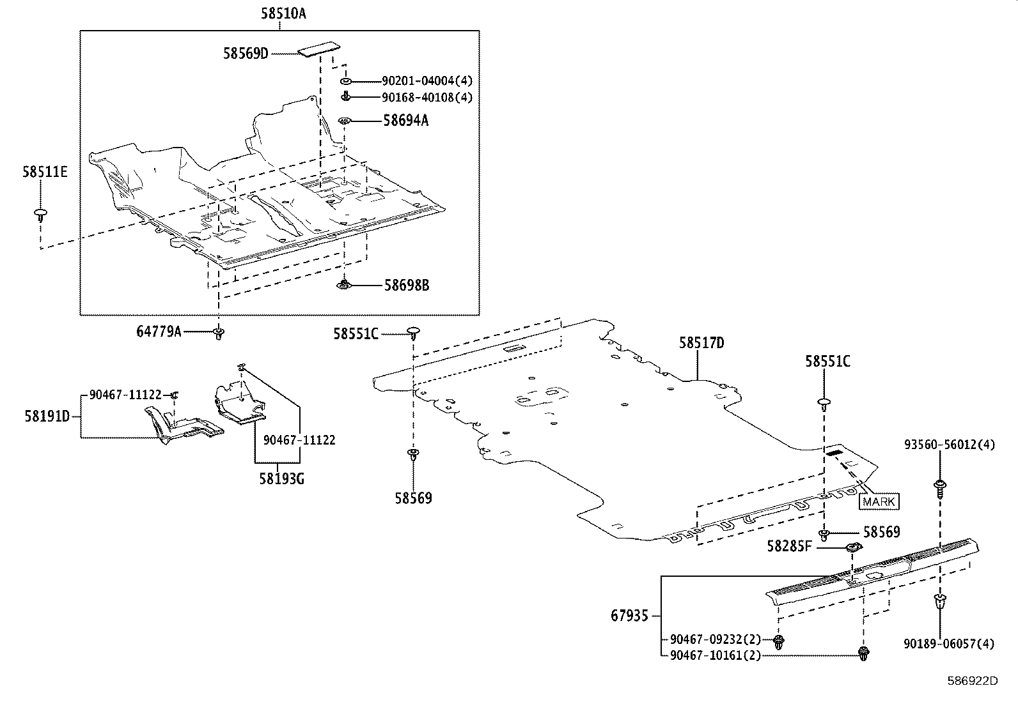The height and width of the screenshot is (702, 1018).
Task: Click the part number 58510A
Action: pyautogui.click(x=283, y=13)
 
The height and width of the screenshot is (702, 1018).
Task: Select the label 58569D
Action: pyautogui.click(x=246, y=54)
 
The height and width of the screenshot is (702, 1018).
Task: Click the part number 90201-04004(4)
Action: pyautogui.click(x=427, y=81)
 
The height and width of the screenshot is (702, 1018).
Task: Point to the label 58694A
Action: pyautogui.click(x=406, y=120)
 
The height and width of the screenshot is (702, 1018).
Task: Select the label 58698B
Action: pyautogui.click(x=406, y=285)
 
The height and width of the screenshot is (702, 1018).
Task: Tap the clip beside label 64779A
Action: pyautogui.click(x=219, y=333)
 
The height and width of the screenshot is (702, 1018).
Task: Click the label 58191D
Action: pyautogui.click(x=47, y=416)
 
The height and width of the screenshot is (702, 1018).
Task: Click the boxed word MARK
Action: pyautogui.click(x=879, y=501)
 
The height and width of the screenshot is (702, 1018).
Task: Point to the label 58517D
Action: pyautogui.click(x=701, y=344)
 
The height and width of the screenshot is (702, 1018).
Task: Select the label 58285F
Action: pyautogui.click(x=790, y=546)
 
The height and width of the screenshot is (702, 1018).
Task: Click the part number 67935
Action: pyautogui.click(x=629, y=616)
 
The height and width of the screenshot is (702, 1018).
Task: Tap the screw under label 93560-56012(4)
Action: pyautogui.click(x=940, y=487)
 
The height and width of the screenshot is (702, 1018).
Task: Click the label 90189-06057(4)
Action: pyautogui.click(x=949, y=644)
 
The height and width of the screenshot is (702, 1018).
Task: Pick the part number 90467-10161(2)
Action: pyautogui.click(x=716, y=655)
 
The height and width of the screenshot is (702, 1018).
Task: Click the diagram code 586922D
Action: pyautogui.click(x=972, y=680)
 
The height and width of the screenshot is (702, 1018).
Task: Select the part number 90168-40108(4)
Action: pyautogui.click(x=427, y=98)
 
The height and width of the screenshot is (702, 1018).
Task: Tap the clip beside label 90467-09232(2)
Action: pyautogui.click(x=779, y=641)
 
